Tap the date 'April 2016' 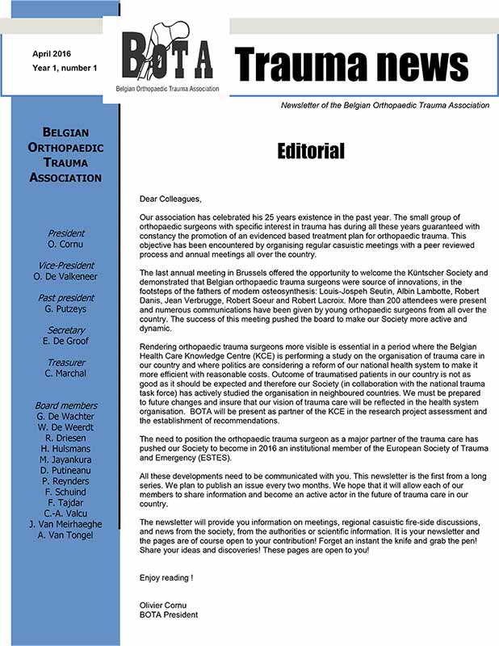52,53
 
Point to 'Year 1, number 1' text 65,68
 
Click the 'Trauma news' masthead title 351,64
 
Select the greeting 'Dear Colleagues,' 170,199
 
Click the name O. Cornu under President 66,245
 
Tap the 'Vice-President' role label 66,265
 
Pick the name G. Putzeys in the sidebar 66,309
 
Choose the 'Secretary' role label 66,330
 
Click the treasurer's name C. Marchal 66,374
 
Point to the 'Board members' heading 66,405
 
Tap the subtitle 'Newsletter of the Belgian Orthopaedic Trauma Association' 384,105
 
